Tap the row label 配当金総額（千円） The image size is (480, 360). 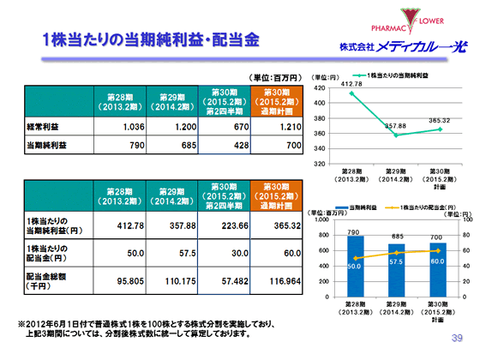point(47,279)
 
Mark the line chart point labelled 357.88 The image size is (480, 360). point(395,135)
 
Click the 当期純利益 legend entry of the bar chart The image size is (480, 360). point(364,207)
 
